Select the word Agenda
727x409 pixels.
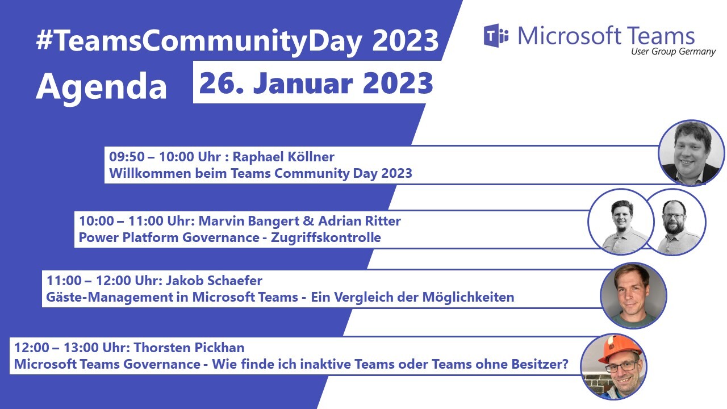[x=101, y=87]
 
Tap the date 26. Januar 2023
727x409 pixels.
[x=316, y=83]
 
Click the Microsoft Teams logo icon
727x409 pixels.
[x=496, y=36]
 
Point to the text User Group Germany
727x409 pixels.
[x=673, y=52]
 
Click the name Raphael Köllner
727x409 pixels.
[x=283, y=157]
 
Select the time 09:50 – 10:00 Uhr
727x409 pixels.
[x=165, y=157]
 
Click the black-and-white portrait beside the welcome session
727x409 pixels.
[x=691, y=153]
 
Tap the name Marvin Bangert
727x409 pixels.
[x=249, y=221]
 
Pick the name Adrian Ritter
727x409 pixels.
[x=360, y=221]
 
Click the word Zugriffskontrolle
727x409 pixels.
[x=325, y=237]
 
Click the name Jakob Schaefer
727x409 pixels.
[x=214, y=281]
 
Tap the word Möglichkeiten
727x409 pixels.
[x=468, y=297]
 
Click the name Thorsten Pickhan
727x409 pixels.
[x=189, y=348]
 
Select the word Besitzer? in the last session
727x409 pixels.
[x=540, y=364]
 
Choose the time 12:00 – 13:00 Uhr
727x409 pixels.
[x=72, y=348]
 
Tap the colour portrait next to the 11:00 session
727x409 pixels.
[x=633, y=296]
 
